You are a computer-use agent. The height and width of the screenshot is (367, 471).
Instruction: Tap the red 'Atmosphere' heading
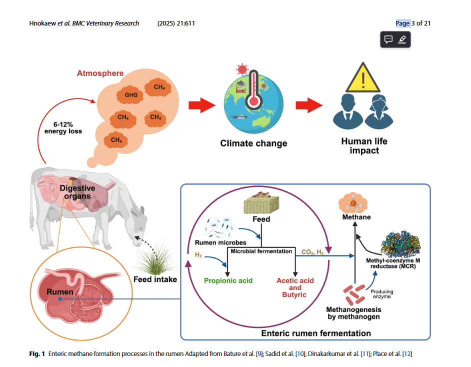(x=100, y=73)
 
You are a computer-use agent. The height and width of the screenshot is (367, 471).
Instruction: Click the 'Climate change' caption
(x=253, y=143)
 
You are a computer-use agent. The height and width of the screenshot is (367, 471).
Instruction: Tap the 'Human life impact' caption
(x=364, y=145)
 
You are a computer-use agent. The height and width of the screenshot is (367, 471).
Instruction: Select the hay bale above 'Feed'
(x=260, y=203)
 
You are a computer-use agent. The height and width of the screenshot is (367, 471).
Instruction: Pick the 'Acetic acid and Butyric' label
(x=295, y=287)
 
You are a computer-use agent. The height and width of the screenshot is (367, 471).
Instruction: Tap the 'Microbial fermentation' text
(x=261, y=250)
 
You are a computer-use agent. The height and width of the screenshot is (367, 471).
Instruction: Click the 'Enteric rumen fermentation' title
(x=316, y=333)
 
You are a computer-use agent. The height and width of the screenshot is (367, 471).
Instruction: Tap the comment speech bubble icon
(x=388, y=39)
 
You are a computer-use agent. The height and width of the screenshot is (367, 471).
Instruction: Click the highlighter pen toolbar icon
(x=402, y=39)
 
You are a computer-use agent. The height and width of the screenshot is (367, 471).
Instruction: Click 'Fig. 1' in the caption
(x=36, y=354)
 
